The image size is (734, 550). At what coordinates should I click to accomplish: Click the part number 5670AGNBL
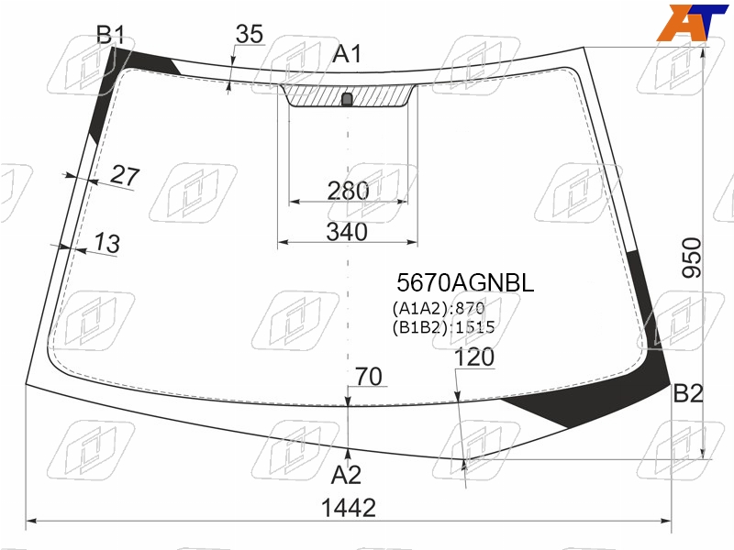(x=465, y=282)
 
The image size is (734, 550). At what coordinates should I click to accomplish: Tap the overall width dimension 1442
(x=349, y=508)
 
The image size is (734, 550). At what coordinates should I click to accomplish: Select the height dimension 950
(x=692, y=258)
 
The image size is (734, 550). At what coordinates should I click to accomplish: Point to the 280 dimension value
(x=348, y=191)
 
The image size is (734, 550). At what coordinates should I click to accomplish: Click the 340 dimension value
(x=347, y=232)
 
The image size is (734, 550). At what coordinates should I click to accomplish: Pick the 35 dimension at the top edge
(x=249, y=34)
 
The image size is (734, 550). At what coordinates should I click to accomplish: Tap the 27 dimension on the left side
(x=125, y=176)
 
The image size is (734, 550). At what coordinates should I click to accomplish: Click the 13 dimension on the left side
(x=106, y=243)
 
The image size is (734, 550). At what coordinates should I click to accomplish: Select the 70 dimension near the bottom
(x=369, y=377)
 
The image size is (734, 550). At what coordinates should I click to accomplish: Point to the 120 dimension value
(x=473, y=357)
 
